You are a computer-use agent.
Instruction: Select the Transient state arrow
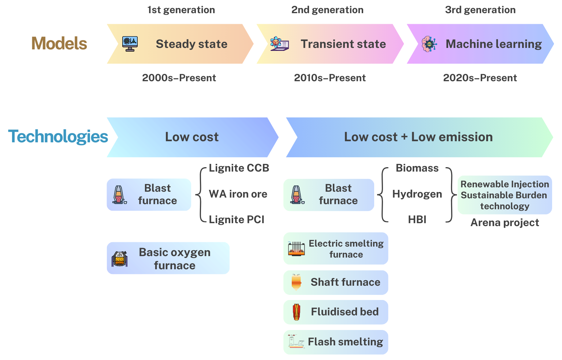[x=330, y=44]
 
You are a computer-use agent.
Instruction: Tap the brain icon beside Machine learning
[x=429, y=44]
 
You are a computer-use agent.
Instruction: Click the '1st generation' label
[x=181, y=10]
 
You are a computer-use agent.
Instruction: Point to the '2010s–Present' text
[x=330, y=78]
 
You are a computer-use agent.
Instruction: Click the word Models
[x=59, y=44]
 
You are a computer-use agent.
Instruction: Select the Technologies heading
[x=58, y=137]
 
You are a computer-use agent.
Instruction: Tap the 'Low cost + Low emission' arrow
[x=418, y=137]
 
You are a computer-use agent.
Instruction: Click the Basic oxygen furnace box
[x=168, y=258]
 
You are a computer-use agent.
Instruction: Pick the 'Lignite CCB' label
[x=239, y=168]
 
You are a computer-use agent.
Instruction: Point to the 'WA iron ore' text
[x=238, y=194]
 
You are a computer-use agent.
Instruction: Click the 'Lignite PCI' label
[x=237, y=220]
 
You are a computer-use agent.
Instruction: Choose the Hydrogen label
[x=417, y=194]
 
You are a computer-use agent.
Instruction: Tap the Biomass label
[x=417, y=168]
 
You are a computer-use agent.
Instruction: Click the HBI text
[x=417, y=220]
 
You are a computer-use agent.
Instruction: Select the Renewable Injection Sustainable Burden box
[x=505, y=195]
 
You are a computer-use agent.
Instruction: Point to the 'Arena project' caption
[x=505, y=222]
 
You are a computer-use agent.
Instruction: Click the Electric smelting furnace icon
[x=296, y=249]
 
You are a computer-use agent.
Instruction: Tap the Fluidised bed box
[x=336, y=312]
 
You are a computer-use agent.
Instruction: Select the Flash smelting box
[x=336, y=342]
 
